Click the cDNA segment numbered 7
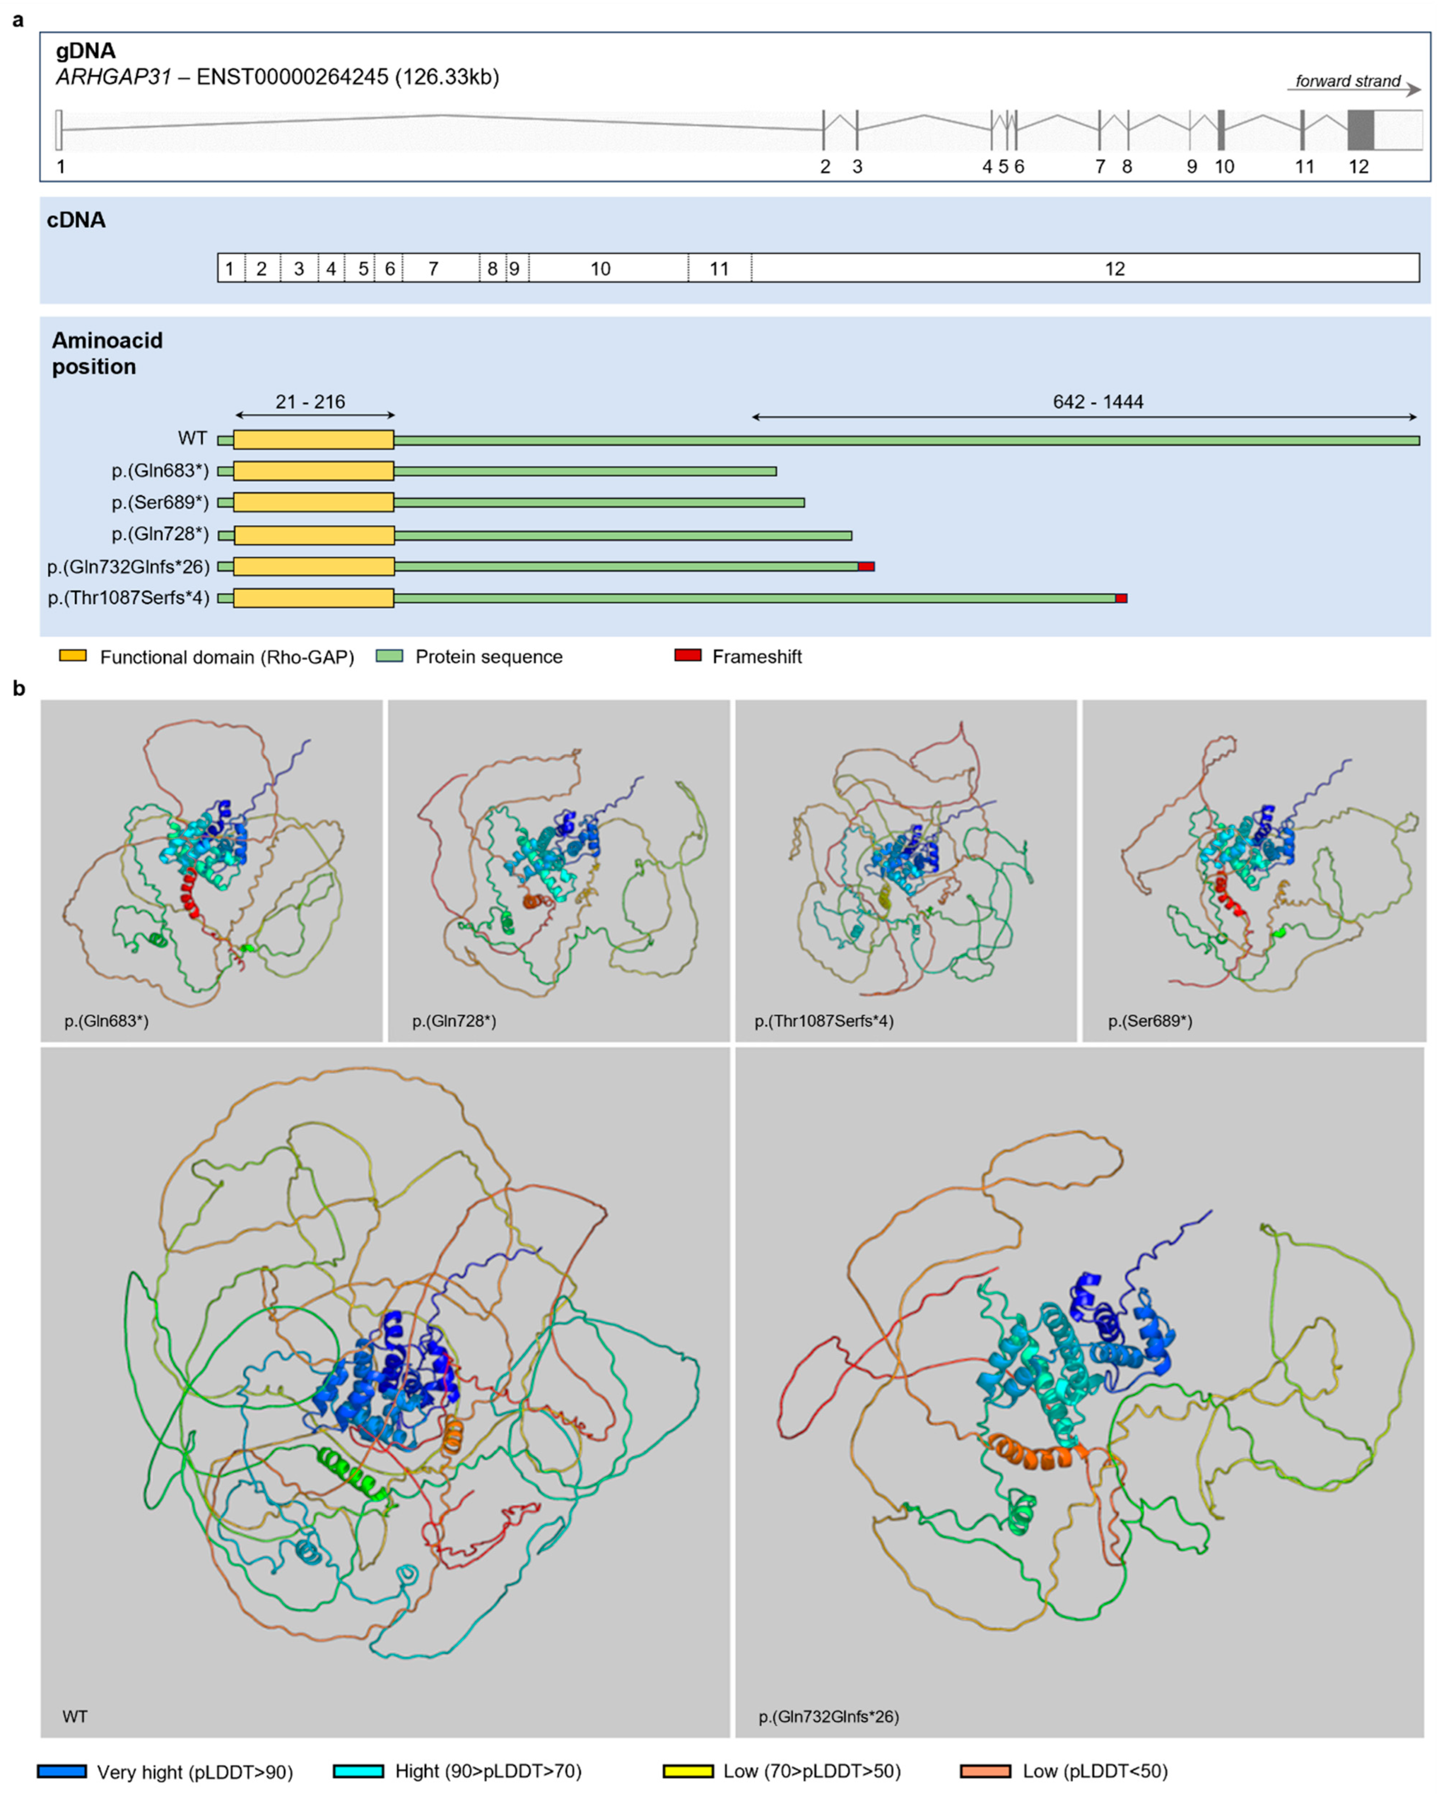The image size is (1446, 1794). (x=433, y=268)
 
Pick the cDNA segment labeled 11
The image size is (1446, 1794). (x=719, y=268)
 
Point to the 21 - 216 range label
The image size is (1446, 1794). (x=310, y=402)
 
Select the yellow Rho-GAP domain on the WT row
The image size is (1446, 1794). (x=313, y=440)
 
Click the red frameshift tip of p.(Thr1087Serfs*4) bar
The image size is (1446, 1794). (x=1121, y=598)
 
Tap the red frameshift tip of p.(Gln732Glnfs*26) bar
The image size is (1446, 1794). (x=866, y=566)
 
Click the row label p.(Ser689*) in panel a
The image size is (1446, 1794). (x=160, y=502)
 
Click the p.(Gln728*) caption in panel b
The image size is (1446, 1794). (x=454, y=1021)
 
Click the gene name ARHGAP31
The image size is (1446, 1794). (x=113, y=77)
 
